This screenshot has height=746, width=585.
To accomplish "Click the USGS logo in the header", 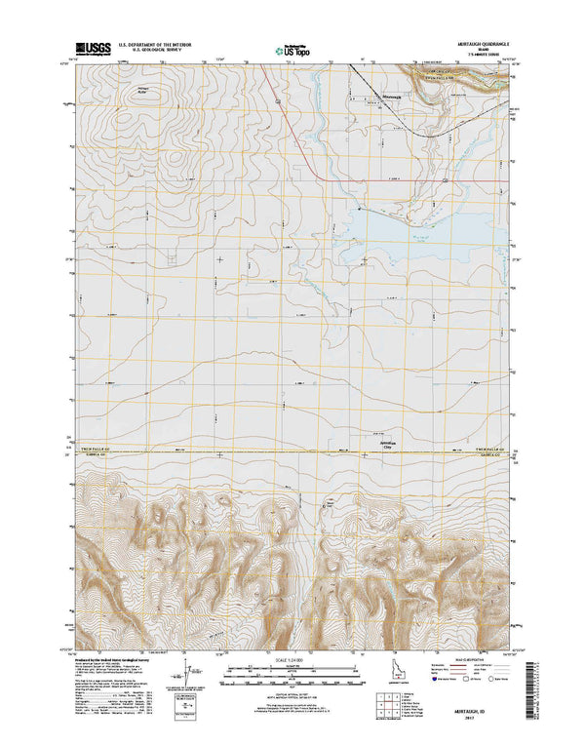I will (91, 47).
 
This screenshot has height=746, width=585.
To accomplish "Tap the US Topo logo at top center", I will (294, 48).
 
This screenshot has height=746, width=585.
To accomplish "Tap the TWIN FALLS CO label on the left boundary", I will (95, 449).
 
